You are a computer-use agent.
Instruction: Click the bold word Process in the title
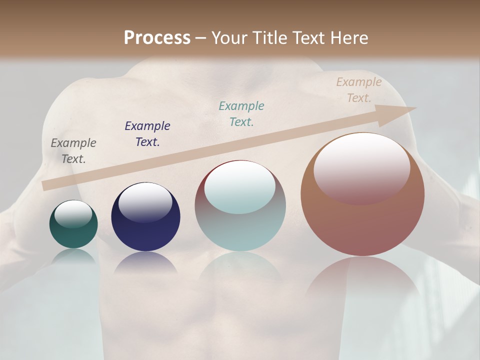point(157,38)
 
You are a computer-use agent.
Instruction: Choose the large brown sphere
point(362,220)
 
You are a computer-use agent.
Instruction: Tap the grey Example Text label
point(73,151)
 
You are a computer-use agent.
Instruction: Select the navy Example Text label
point(147,134)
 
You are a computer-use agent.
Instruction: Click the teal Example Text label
point(241,113)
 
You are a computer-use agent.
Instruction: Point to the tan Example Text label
point(359,90)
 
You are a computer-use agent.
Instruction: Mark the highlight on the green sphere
point(73,214)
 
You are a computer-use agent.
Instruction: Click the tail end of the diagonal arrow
point(47,185)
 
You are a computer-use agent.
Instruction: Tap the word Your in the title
point(229,38)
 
